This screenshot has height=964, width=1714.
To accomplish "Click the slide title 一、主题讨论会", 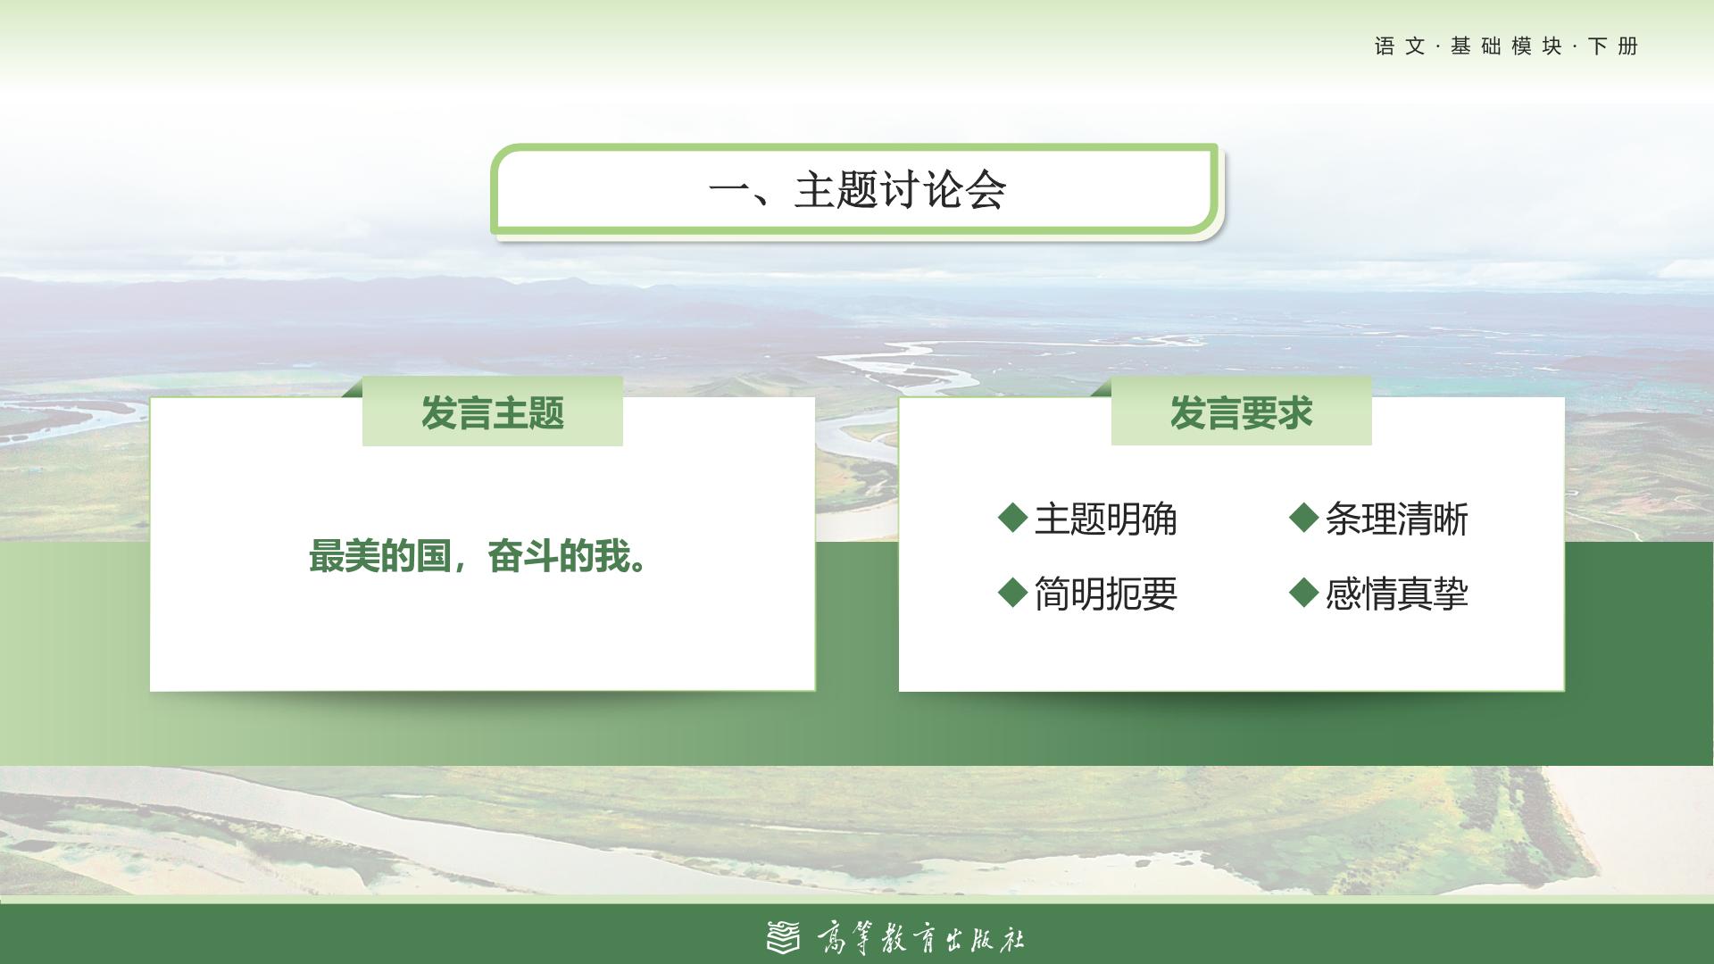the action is click(857, 189).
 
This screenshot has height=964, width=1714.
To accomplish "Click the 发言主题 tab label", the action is click(493, 413).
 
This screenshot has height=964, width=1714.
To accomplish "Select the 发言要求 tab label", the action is click(1241, 413).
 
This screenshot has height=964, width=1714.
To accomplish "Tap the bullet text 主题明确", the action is click(1105, 519).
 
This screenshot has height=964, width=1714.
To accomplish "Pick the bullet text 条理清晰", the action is click(1396, 519).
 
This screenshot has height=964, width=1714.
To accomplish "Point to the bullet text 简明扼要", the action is click(1105, 594).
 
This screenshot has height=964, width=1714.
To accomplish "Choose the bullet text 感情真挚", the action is click(1396, 594).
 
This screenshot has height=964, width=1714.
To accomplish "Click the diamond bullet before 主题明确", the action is click(1012, 517).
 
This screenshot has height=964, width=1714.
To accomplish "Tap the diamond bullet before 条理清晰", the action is click(1304, 517).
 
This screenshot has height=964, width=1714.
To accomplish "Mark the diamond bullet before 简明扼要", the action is click(1012, 591).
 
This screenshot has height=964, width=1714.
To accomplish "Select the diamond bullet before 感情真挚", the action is click(1304, 591).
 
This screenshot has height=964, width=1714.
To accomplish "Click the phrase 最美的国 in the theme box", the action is click(379, 557).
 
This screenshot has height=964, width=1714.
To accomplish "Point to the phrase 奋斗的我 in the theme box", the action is click(559, 557).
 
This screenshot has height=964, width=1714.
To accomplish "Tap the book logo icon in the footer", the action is click(784, 936).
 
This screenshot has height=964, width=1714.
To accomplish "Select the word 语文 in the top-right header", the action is click(1400, 46).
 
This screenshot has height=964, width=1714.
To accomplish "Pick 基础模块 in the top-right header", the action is click(1506, 46).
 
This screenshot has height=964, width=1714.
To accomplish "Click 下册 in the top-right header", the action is click(1613, 46).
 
